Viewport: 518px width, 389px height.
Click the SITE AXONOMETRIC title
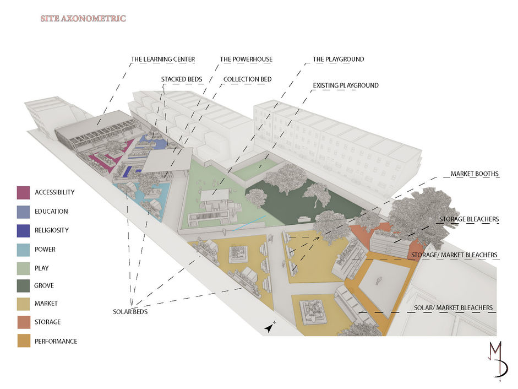tap(83, 19)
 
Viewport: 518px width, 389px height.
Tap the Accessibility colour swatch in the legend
tap(24, 192)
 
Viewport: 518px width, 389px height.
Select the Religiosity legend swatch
tap(24, 230)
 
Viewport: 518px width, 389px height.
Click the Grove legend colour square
tap(24, 286)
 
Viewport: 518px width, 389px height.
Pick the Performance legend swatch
tap(24, 341)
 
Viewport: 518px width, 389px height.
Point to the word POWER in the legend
tap(45, 250)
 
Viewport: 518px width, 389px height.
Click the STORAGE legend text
tap(47, 322)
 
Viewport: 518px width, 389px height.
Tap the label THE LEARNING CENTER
tap(163, 60)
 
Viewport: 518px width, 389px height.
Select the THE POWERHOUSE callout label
tap(246, 60)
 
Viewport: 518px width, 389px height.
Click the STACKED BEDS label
tap(179, 80)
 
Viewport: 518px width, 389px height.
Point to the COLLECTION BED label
tap(247, 80)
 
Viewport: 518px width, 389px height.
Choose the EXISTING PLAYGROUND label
tap(346, 86)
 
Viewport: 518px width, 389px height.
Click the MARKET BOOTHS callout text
tap(475, 174)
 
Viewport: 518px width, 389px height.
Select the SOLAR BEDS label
tap(130, 311)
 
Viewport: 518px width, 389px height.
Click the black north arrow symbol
tap(270, 327)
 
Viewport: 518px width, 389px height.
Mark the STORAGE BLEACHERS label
tap(469, 219)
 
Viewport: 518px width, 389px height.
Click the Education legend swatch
tap(24, 212)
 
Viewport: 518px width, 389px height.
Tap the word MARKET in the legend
tap(46, 304)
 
